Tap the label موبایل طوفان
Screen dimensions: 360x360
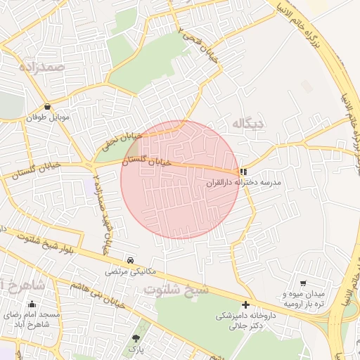pyautogui.click(x=47, y=117)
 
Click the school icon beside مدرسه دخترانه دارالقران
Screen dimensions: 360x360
pyautogui.click(x=243, y=171)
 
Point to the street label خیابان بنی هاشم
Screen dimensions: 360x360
pyautogui.click(x=98, y=286)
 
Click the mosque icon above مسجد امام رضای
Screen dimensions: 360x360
pyautogui.click(x=32, y=304)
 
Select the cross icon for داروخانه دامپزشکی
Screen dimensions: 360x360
pyautogui.click(x=245, y=304)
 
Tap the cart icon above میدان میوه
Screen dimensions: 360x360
pyautogui.click(x=303, y=282)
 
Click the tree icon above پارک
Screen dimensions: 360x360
pyautogui.click(x=136, y=338)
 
